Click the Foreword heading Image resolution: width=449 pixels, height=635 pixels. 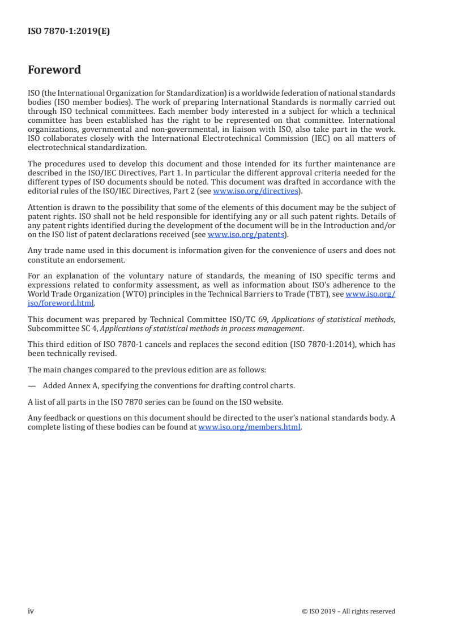[54, 70]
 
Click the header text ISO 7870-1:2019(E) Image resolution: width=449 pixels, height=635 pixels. [69, 32]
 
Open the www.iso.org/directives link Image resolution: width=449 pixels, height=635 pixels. [255, 191]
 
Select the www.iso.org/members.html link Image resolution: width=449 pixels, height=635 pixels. [249, 427]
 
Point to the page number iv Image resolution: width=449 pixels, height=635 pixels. [31, 611]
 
